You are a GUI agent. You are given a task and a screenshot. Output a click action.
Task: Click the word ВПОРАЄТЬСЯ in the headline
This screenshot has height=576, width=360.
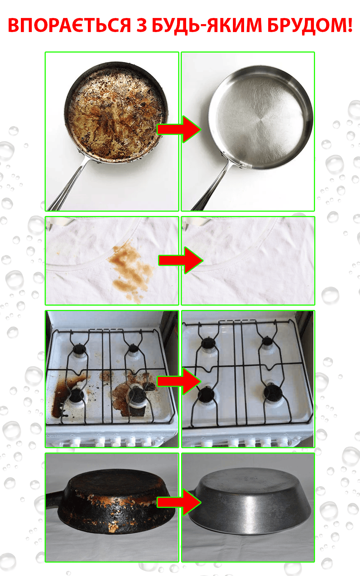pyautogui.click(x=69, y=25)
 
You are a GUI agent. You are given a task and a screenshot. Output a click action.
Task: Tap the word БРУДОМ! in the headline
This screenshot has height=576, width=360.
pyautogui.click(x=310, y=25)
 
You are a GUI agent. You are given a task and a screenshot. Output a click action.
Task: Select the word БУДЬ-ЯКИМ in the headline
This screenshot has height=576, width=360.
pyautogui.click(x=207, y=26)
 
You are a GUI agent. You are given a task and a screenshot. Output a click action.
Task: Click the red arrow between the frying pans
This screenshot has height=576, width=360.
pyautogui.click(x=179, y=129)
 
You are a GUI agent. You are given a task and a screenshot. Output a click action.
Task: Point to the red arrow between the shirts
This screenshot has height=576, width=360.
pyautogui.click(x=180, y=260)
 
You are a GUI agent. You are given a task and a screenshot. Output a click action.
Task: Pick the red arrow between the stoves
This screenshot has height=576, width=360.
pyautogui.click(x=179, y=381)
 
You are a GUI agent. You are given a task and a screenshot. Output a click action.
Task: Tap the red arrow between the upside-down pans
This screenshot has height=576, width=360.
pyautogui.click(x=179, y=502)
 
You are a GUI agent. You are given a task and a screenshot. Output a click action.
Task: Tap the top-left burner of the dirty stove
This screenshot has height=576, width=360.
pyautogui.click(x=79, y=349)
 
